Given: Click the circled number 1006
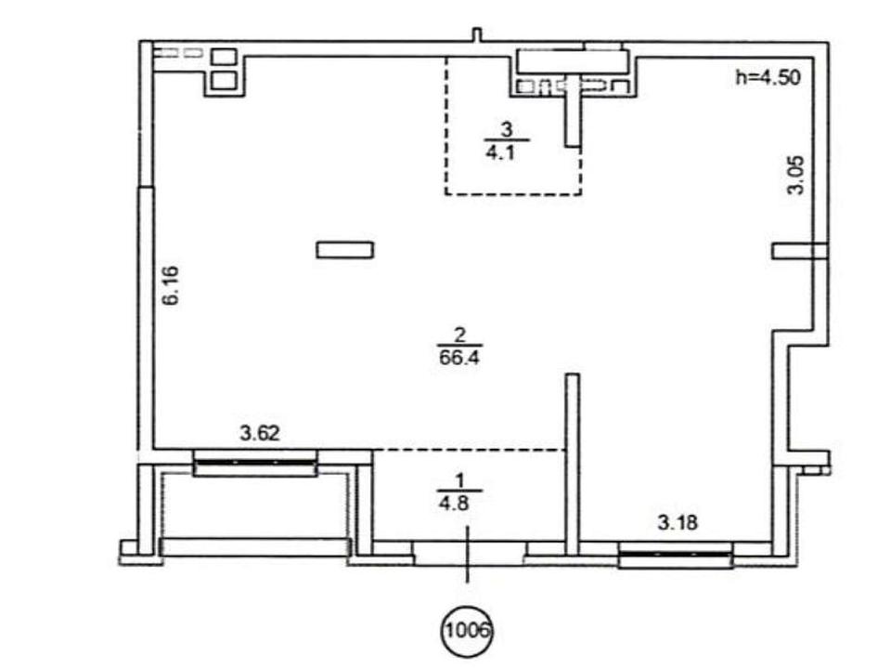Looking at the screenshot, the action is [467, 631].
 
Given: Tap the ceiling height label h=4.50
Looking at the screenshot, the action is [768, 77].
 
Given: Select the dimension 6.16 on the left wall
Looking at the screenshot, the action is [171, 285].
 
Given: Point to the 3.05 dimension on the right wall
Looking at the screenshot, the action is [795, 175].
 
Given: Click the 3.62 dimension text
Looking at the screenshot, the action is [260, 434].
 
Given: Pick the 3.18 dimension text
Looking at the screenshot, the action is [678, 522].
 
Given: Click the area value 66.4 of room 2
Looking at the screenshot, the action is [459, 358].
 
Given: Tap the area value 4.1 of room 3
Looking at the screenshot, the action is [499, 153].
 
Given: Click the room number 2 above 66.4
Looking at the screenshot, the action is [460, 334].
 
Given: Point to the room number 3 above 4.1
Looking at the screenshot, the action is [507, 130].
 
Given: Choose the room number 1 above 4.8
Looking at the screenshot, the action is [459, 480].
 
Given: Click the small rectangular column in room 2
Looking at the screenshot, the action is [345, 250].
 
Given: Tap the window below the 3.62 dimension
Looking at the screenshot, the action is [254, 463].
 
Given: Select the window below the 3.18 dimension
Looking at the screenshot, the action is [676, 556].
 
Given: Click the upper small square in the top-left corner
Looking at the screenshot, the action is [224, 57].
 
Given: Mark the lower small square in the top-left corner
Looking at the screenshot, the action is [224, 80].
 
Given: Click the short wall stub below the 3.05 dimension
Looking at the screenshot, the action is [799, 251].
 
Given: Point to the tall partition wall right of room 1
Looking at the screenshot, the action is [573, 464].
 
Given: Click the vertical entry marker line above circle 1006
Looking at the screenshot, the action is [467, 555].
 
